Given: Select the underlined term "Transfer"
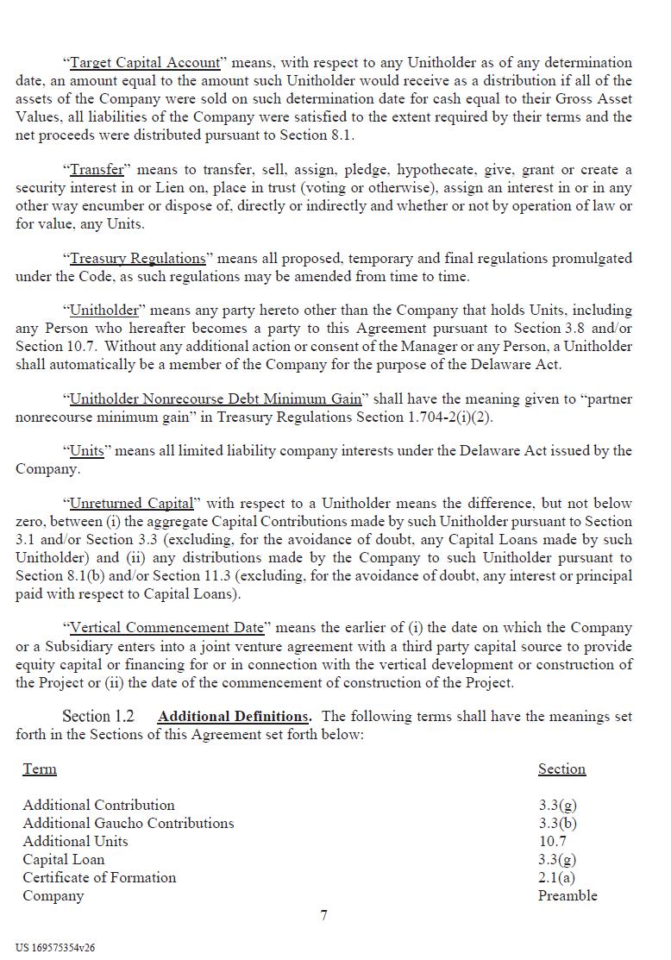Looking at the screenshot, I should pos(97,169).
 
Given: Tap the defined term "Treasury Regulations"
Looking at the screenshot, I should pos(137,258).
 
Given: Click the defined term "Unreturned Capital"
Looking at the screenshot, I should pos(131,503).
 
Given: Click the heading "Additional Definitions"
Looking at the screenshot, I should pos(233,717).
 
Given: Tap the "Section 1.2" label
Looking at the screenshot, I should pos(98,717).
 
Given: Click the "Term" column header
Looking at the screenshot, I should pos(40,769).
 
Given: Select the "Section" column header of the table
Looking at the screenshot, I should pos(561,769).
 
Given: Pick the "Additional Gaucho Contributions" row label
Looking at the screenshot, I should pos(129,823).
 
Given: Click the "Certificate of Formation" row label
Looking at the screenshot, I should pos(99,877).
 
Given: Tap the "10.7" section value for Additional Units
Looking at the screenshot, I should pos(552,841).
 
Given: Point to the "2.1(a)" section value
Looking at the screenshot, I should pos(556,877).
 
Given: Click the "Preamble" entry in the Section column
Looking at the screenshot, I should pos(568,895).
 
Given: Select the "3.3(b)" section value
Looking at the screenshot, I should pos(557,823).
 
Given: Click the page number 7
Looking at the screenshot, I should pos(323,915).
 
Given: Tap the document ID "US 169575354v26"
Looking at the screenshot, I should pos(55,947).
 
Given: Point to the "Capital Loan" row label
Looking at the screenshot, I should pos(64,859).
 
